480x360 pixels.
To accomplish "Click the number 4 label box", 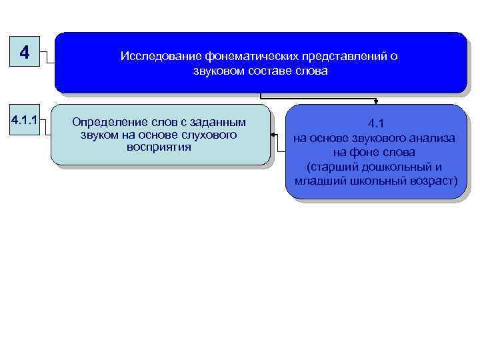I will click(25, 51).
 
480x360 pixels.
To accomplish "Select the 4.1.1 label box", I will click(24, 123).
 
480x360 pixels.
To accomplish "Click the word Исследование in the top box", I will click(152, 57).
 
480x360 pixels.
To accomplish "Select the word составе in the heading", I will click(269, 70).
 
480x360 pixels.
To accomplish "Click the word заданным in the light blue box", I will click(220, 123).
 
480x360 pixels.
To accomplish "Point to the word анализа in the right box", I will click(434, 138).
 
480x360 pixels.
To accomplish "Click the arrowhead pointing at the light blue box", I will click(274, 135).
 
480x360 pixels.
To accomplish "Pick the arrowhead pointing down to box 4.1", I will click(376, 102).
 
